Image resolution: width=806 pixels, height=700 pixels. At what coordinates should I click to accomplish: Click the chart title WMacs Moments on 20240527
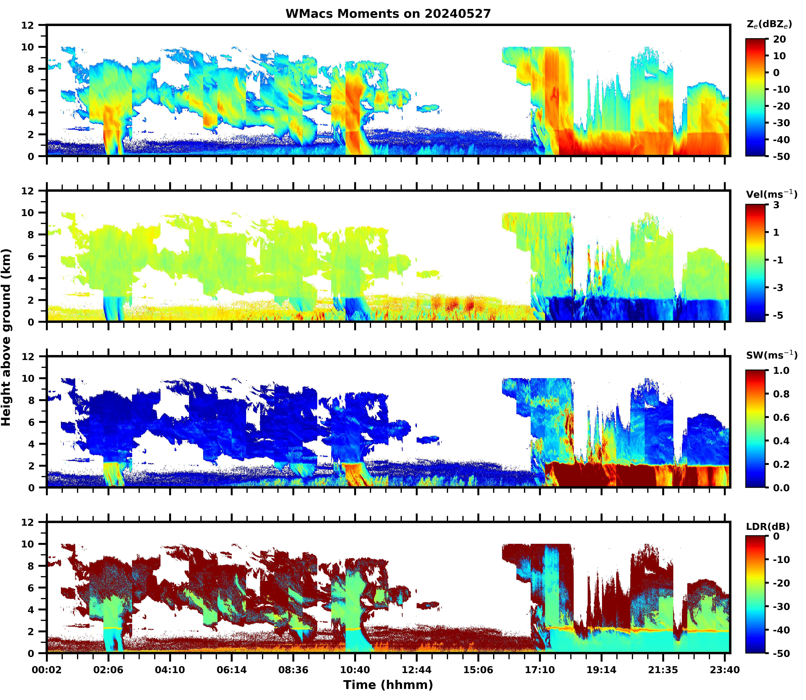tap(388, 14)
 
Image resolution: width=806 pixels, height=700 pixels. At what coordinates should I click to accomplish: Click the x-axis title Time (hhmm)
tap(388, 684)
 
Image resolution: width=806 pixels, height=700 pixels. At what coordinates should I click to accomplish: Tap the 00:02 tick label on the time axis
tap(47, 670)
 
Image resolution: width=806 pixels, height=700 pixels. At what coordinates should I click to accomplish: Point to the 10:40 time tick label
tap(355, 670)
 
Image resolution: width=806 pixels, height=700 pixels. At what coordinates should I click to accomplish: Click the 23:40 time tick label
tap(725, 670)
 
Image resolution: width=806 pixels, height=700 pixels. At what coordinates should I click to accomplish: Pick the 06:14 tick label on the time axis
tap(232, 670)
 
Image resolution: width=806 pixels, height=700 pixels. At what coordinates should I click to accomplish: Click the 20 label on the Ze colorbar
tap(779, 40)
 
